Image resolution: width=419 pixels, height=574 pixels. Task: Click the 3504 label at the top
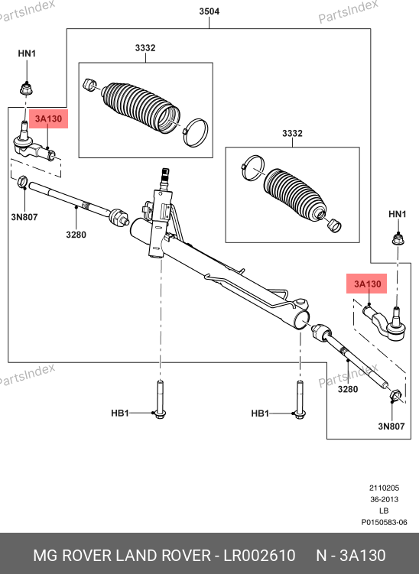pyautogui.click(x=209, y=11)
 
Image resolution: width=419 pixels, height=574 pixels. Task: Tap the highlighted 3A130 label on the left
pyautogui.click(x=48, y=118)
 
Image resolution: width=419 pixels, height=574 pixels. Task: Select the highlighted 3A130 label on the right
pyautogui.click(x=367, y=284)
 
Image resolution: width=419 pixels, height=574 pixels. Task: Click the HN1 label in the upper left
pyautogui.click(x=27, y=54)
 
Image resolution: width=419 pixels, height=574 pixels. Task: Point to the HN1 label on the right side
pyautogui.click(x=398, y=214)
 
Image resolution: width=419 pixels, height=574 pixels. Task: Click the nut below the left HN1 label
pyautogui.click(x=26, y=89)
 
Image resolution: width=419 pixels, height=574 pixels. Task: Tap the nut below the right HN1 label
pyautogui.click(x=398, y=238)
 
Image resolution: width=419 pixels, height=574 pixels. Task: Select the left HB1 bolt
pyautogui.click(x=160, y=400)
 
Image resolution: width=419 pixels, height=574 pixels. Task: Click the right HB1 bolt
pyautogui.click(x=300, y=400)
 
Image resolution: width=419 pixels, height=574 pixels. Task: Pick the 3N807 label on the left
pyautogui.click(x=24, y=217)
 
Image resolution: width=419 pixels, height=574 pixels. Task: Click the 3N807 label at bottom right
pyautogui.click(x=391, y=426)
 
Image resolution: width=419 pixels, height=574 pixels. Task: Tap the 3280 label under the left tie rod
pyautogui.click(x=76, y=235)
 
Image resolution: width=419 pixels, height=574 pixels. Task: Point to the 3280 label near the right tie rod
pyautogui.click(x=348, y=389)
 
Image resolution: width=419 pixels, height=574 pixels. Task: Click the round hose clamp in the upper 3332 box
pyautogui.click(x=196, y=132)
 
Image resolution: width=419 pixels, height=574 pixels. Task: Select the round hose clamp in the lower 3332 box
pyautogui.click(x=253, y=167)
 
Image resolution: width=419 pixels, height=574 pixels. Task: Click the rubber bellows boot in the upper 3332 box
pyautogui.click(x=141, y=106)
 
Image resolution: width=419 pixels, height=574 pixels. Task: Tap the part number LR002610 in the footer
pyautogui.click(x=259, y=556)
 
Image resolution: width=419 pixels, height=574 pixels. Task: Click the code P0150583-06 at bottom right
pyautogui.click(x=384, y=522)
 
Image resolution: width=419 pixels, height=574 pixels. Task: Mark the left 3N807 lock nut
pyautogui.click(x=23, y=182)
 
